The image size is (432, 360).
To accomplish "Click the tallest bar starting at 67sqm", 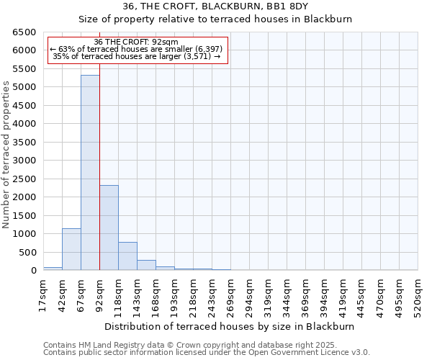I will click(90, 173).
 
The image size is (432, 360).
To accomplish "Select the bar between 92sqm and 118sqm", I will click(109, 228).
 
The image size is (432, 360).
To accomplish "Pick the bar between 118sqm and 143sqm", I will click(127, 256).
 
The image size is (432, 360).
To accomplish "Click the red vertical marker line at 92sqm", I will click(99, 166).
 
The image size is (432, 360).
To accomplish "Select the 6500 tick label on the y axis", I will click(24, 32).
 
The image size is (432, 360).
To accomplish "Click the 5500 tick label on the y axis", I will click(24, 69).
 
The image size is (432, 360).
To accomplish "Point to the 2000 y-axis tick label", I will click(24, 197).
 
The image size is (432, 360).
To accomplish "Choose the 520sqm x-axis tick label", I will click(418, 294).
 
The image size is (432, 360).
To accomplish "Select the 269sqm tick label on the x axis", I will click(230, 294).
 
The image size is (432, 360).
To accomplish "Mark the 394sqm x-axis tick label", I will click(324, 294).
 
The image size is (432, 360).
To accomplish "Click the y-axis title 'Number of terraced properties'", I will click(6, 155).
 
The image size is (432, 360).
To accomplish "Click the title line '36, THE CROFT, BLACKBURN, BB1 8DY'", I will click(215, 6).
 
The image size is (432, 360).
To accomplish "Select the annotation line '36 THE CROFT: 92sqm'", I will click(136, 42).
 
